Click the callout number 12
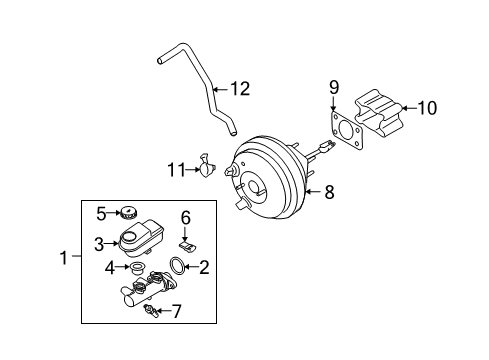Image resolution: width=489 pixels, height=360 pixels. pyautogui.click(x=240, y=88)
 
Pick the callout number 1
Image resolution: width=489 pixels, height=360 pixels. pyautogui.click(x=64, y=258)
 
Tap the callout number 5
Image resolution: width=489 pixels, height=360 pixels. pyautogui.click(x=101, y=212)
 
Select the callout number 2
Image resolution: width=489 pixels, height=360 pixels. pyautogui.click(x=204, y=267)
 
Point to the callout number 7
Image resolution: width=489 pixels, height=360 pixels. pyautogui.click(x=176, y=312)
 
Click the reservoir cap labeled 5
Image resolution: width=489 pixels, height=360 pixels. pyautogui.click(x=127, y=212)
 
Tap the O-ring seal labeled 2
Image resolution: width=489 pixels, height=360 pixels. pyautogui.click(x=176, y=267)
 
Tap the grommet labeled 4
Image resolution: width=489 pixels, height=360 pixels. pyautogui.click(x=135, y=269)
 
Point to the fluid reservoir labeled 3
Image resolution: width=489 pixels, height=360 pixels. pyautogui.click(x=137, y=237)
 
